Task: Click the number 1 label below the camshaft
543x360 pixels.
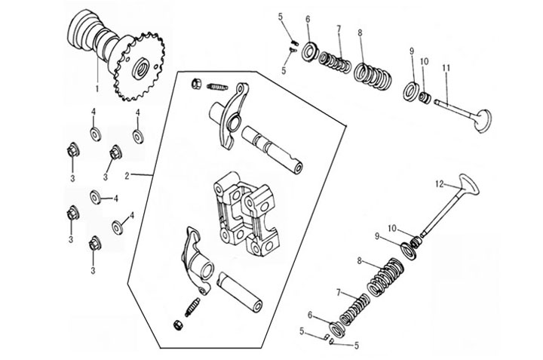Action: [x=97, y=89]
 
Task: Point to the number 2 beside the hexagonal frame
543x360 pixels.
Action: [x=127, y=176]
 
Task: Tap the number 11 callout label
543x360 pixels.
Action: [x=446, y=68]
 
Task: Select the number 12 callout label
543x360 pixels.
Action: [x=439, y=184]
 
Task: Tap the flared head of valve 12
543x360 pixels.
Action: [x=469, y=184]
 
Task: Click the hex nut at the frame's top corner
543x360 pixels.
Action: [x=195, y=84]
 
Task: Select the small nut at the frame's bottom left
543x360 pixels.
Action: [x=178, y=325]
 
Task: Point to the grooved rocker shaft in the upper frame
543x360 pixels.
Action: [x=272, y=149]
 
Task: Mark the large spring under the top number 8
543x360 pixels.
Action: [x=373, y=75]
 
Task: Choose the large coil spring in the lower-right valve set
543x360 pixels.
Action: [x=385, y=276]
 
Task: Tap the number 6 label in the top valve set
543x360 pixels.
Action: [x=308, y=20]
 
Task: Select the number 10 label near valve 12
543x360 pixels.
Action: [x=392, y=229]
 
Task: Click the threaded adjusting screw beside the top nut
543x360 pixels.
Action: [x=216, y=87]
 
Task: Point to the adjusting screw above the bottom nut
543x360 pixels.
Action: [x=192, y=307]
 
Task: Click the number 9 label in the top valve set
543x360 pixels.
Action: [x=412, y=51]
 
